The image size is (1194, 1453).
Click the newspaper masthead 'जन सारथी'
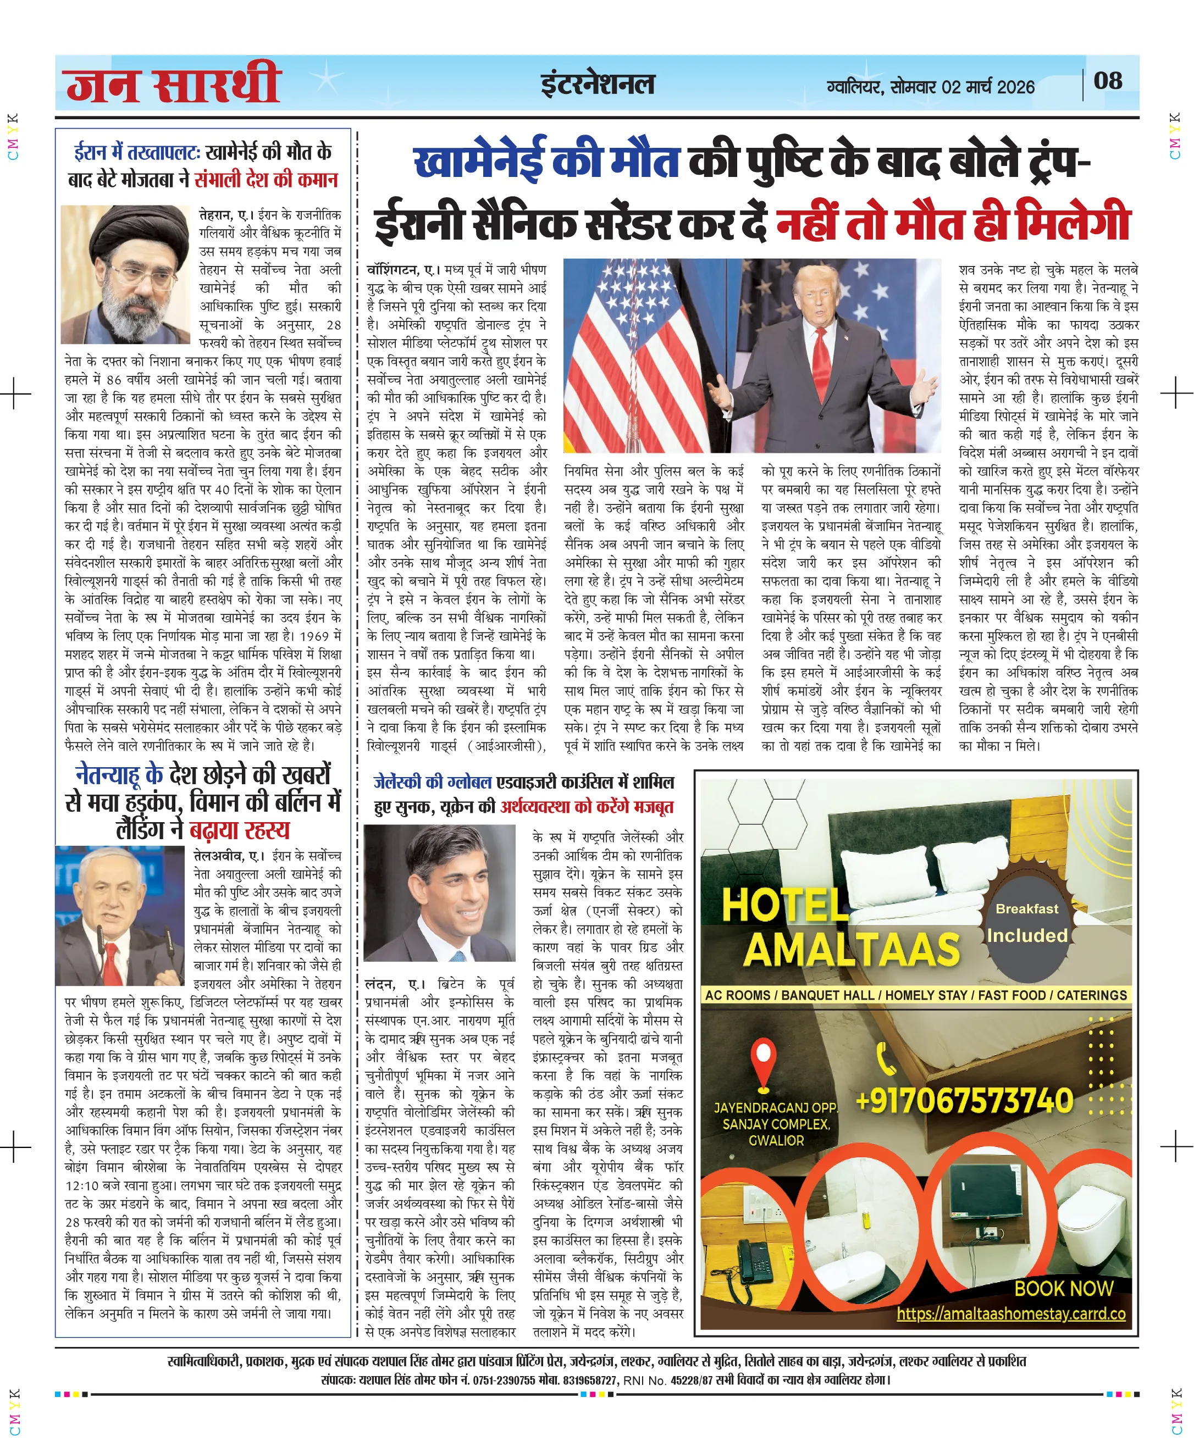[x=173, y=85]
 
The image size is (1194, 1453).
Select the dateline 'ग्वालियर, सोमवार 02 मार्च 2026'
[x=930, y=87]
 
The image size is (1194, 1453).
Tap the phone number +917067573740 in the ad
[x=964, y=1100]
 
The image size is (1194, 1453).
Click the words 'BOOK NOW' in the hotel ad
[x=1063, y=1288]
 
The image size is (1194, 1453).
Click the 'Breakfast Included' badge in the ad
[x=1027, y=923]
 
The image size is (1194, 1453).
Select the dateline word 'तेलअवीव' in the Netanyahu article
[x=218, y=856]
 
